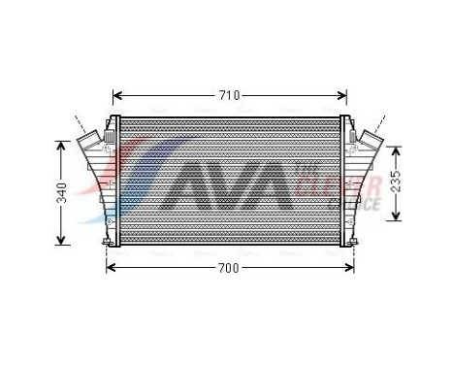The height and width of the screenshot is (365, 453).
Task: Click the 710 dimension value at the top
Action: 229,95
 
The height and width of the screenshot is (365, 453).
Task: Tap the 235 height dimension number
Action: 395,182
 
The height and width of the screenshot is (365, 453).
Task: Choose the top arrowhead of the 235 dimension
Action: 395,149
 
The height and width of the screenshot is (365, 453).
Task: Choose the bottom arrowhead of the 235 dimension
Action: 395,216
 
